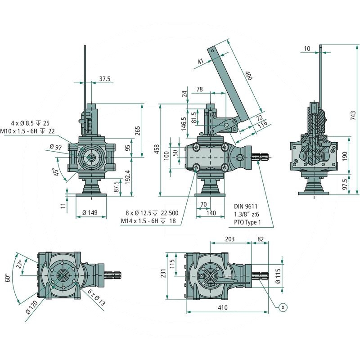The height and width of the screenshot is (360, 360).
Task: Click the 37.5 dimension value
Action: [x=104, y=79]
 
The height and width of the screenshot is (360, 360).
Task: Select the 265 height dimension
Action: [x=138, y=130]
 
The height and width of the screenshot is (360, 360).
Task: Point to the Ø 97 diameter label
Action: [x=55, y=147]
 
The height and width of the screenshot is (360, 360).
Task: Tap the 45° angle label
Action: [x=56, y=172]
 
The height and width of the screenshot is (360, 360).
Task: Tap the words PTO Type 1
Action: [x=247, y=222]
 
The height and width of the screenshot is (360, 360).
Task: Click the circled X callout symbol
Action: [x=283, y=307]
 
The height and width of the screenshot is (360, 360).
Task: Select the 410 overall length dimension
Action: [x=222, y=308]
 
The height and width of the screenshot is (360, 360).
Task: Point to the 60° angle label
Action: [x=7, y=278]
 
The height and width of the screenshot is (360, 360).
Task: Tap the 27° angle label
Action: [x=19, y=264]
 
